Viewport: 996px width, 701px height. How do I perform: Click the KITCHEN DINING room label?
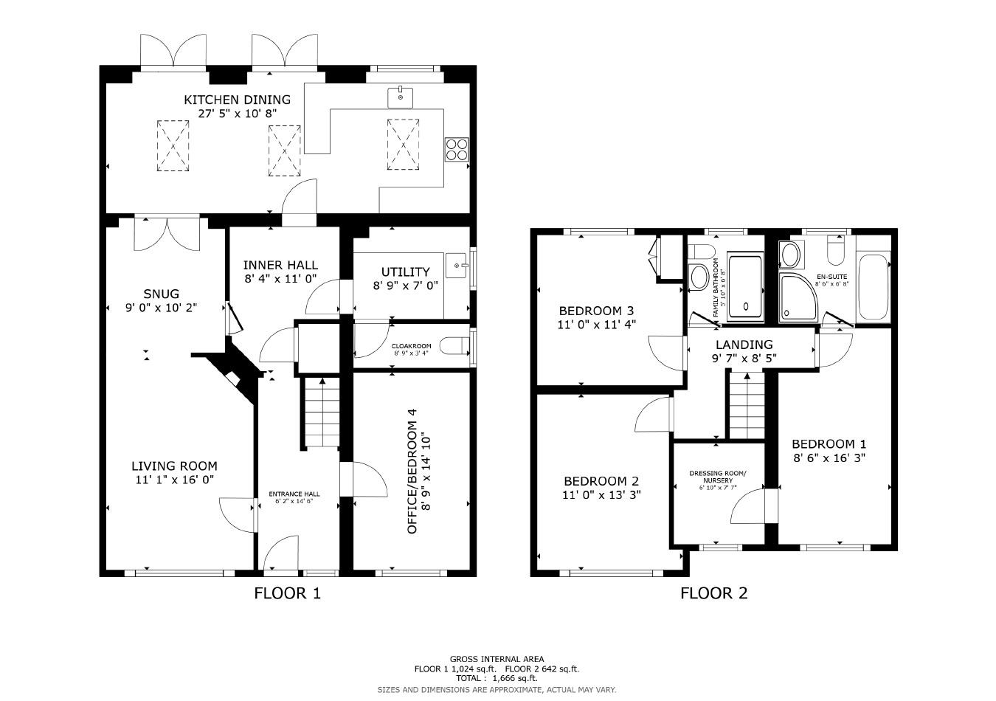(x=237, y=100)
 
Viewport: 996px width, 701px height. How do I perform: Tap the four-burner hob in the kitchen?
(x=457, y=149)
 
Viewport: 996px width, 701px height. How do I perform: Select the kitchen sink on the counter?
(x=401, y=97)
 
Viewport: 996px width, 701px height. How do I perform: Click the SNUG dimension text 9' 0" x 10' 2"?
(x=161, y=308)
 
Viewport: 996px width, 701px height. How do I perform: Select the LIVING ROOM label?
(x=174, y=466)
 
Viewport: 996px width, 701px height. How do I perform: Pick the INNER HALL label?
(x=280, y=265)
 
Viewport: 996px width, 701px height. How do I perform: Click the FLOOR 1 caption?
(x=287, y=593)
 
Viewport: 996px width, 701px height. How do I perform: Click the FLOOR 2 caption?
(x=713, y=593)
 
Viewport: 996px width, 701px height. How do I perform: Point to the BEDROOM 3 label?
(x=597, y=311)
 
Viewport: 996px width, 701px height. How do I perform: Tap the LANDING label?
(x=744, y=345)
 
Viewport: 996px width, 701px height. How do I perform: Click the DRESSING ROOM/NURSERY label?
(x=717, y=477)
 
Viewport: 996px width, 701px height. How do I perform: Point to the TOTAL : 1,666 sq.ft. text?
(x=497, y=678)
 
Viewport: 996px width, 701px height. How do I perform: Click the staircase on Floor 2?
(x=747, y=406)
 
